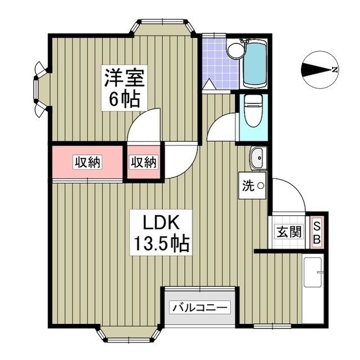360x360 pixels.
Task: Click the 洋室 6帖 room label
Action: coord(123,88)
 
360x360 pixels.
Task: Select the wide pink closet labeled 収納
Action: coord(87,163)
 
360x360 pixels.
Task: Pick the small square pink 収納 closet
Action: coord(144,163)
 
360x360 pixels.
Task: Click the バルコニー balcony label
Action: coord(200,308)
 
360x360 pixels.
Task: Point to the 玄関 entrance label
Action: coord(289,231)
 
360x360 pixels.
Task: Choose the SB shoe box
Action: coord(317,231)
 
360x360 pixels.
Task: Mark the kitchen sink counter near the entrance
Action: coord(313,290)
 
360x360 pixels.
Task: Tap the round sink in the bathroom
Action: coord(236,50)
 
